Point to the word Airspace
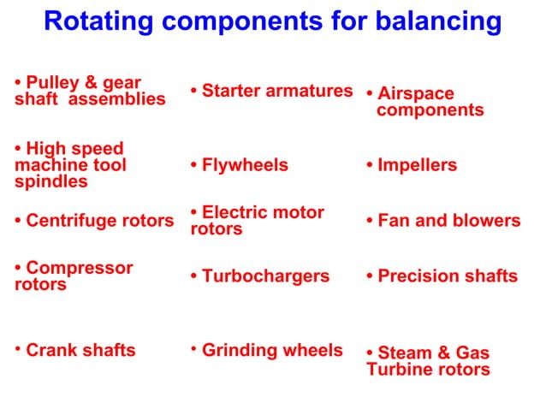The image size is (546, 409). click(416, 93)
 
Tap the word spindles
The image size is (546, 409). click(50, 181)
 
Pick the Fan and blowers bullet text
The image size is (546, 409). click(448, 222)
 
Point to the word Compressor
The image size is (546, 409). click(80, 268)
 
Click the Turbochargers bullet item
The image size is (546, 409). click(265, 276)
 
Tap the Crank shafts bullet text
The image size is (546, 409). click(80, 350)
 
